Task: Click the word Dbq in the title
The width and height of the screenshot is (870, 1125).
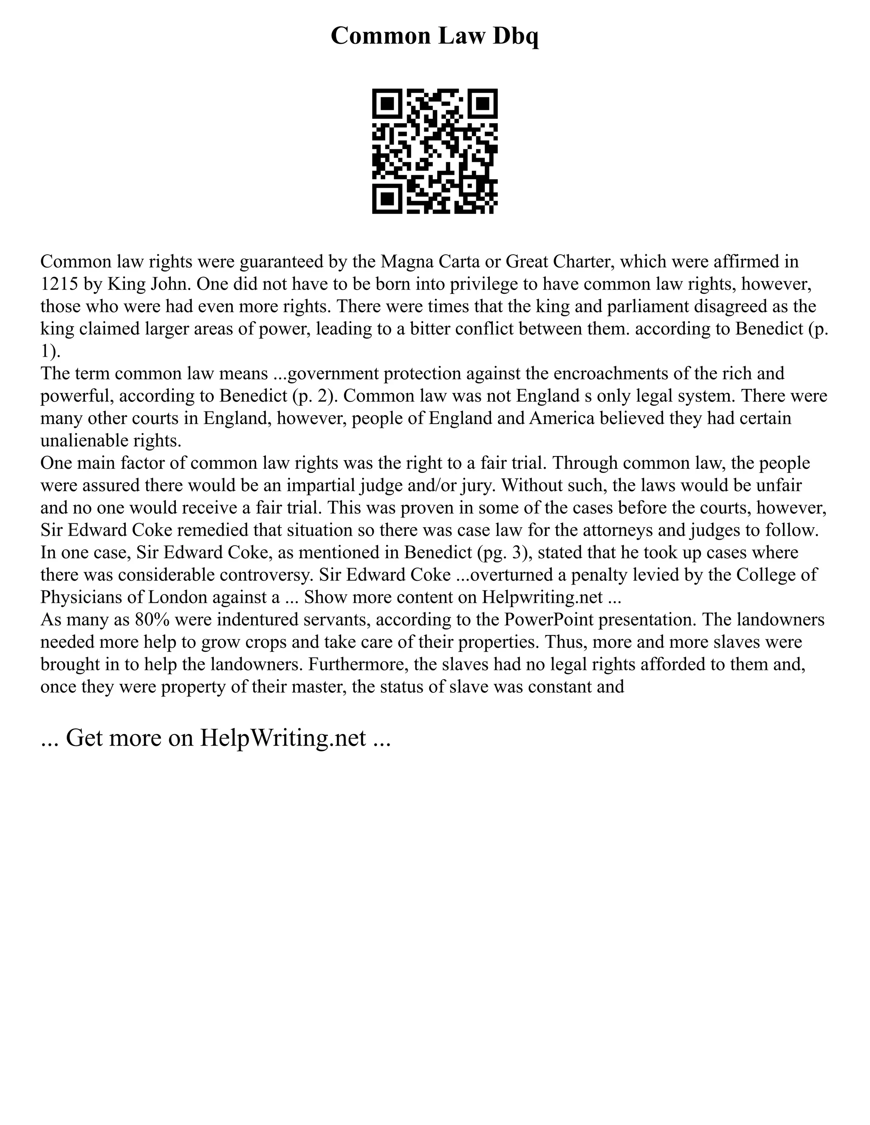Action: click(x=515, y=36)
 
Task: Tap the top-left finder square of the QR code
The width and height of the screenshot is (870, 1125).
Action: click(x=387, y=104)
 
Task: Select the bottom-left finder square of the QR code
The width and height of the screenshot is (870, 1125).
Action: click(x=387, y=199)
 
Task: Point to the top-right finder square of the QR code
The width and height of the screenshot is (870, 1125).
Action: click(x=483, y=104)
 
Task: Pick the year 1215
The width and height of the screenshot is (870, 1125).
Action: click(x=58, y=284)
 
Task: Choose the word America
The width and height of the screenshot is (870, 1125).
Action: click(x=568, y=418)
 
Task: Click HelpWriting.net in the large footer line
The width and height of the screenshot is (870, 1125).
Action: click(x=283, y=738)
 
